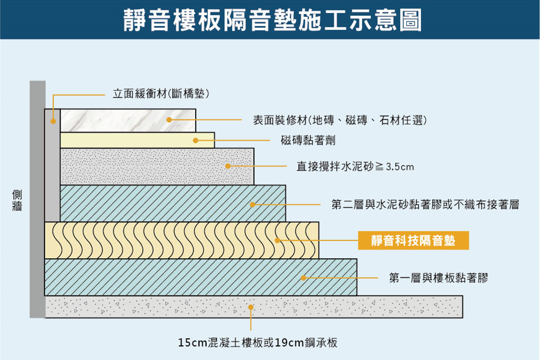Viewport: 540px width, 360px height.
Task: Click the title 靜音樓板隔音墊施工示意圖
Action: (272, 20)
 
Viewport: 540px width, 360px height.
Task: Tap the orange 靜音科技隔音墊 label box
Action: (413, 240)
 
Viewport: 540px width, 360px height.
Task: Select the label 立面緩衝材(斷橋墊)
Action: (161, 94)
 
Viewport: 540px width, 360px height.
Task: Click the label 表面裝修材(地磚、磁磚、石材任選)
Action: (340, 120)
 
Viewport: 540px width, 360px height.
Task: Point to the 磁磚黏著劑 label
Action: (308, 140)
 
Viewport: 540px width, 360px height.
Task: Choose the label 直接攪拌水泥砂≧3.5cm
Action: (355, 167)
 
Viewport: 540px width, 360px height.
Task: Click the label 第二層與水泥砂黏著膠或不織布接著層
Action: (425, 205)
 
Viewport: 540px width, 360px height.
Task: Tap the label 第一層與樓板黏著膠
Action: (439, 278)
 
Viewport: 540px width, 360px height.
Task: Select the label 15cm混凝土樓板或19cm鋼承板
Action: (258, 343)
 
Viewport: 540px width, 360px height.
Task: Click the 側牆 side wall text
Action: (17, 200)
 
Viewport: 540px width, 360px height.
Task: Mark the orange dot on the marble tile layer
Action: (169, 120)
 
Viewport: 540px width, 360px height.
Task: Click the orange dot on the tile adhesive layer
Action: (196, 140)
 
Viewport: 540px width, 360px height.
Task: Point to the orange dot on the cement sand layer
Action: (228, 166)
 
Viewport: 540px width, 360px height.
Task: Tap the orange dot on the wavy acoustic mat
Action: (277, 240)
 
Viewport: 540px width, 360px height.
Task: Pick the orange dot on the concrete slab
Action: (251, 307)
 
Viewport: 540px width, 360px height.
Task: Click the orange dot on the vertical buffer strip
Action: (53, 121)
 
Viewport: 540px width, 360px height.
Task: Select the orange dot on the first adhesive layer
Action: (304, 278)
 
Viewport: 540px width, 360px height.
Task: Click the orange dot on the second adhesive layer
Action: (253, 205)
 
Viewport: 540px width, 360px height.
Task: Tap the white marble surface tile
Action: (128, 120)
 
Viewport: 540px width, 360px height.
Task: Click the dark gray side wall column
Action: (38, 199)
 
